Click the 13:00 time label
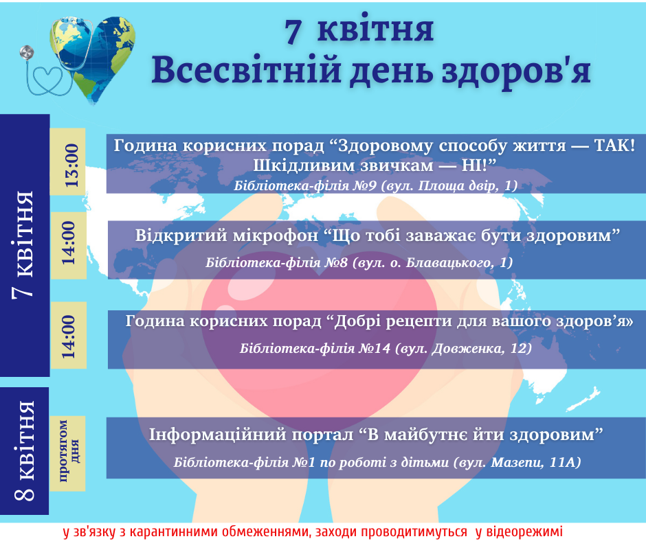click(x=71, y=165)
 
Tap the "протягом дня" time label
click(x=69, y=451)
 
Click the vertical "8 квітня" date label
click(x=25, y=451)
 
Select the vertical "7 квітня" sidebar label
click(x=23, y=244)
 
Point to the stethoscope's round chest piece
click(x=27, y=52)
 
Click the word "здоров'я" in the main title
click(x=516, y=71)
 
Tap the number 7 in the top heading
click(x=293, y=31)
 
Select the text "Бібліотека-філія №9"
click(x=305, y=186)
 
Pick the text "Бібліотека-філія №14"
click(x=315, y=348)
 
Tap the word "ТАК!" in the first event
click(x=614, y=146)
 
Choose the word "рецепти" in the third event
click(x=419, y=321)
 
